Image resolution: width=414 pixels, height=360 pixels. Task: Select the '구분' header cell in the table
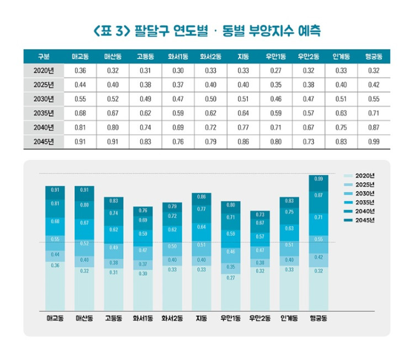point(44,57)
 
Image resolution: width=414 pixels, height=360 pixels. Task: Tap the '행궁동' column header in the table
point(374,57)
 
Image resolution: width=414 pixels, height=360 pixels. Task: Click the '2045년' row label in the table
point(44,141)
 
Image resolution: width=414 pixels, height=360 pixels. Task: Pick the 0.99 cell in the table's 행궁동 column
point(374,141)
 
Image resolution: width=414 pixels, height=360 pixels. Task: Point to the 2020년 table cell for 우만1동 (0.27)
point(275,71)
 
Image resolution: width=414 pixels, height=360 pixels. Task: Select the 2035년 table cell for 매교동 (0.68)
point(80,113)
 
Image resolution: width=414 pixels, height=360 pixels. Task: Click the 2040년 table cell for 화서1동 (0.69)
point(178,128)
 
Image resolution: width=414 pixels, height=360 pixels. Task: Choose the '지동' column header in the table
point(243,57)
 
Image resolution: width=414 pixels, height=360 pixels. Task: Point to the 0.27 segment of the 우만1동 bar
point(231,293)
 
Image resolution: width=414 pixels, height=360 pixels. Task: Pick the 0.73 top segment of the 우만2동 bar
point(260,214)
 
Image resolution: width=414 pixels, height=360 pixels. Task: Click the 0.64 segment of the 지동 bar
point(201,227)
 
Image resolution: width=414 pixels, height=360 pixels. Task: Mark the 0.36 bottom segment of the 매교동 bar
point(55,287)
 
